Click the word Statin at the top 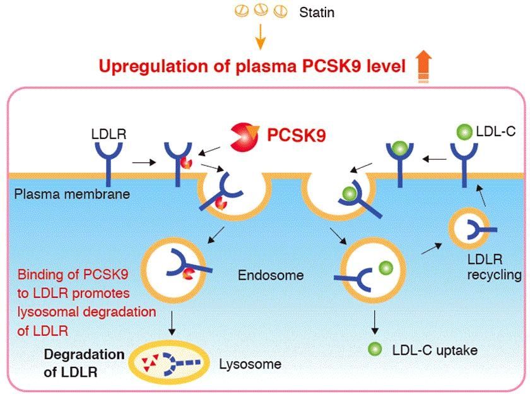(x=316, y=12)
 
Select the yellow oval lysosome (x=169, y=362)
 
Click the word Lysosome (x=250, y=364)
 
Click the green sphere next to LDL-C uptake (x=375, y=348)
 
